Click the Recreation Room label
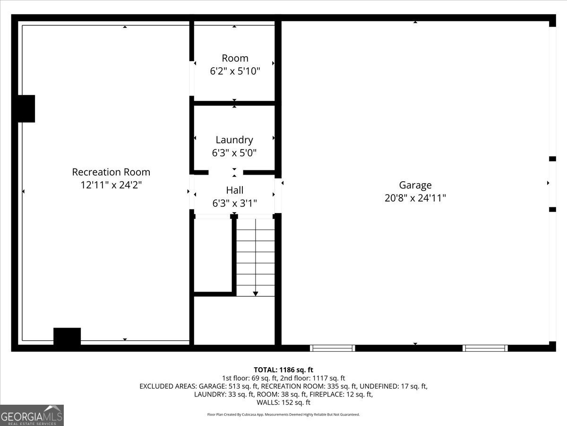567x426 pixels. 111,172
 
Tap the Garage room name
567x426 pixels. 415,185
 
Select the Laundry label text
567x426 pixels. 234,140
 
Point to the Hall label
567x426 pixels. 234,190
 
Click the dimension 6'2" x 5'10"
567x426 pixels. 235,71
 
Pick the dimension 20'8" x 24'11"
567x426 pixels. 415,198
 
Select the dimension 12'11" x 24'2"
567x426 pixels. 111,185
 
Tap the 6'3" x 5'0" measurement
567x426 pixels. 234,153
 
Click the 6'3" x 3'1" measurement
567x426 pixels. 234,204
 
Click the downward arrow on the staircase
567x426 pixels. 256,293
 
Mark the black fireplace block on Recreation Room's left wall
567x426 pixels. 26,109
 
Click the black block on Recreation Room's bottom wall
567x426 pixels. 67,337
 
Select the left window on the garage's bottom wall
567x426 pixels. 332,348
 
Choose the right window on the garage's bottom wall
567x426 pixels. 485,348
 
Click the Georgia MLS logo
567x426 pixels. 32,415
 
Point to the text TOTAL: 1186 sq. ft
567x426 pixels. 283,370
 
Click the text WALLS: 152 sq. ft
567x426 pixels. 283,402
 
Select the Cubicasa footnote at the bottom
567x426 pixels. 283,415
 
